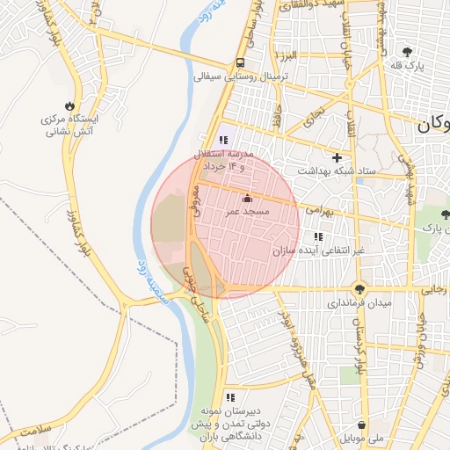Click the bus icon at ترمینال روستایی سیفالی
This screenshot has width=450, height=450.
(240, 63)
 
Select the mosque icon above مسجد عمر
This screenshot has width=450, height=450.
(246, 198)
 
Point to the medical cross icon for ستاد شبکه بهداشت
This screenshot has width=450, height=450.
(336, 157)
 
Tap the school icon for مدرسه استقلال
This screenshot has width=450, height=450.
(222, 140)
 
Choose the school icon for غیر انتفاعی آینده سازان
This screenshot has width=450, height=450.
(317, 236)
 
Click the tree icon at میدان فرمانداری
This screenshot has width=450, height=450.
(359, 287)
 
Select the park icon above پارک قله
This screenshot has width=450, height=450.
(406, 52)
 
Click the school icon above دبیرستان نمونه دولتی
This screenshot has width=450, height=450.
(229, 397)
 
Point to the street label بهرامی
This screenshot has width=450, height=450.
(320, 212)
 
